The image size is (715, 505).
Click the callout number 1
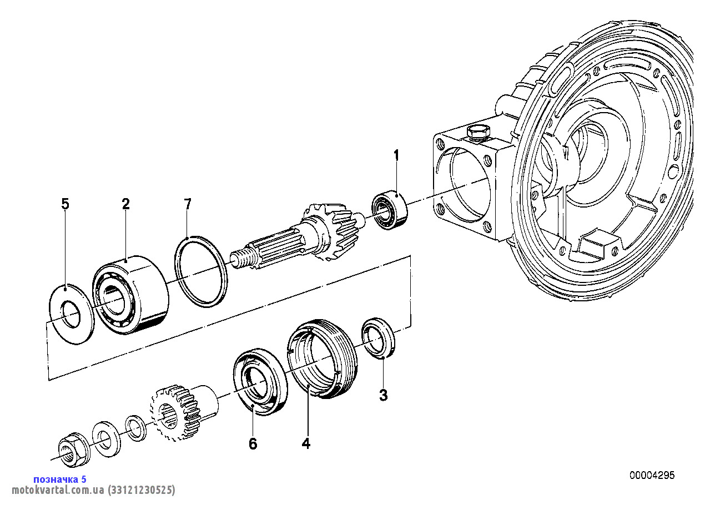point(396,156)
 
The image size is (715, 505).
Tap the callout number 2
point(126,204)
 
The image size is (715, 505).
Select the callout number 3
point(383,395)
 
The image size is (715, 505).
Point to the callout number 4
point(306,443)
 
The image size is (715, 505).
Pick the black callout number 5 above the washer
point(65,204)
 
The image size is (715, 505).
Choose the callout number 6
point(253,443)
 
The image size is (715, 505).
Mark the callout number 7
point(188,204)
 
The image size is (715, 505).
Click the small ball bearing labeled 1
point(390,209)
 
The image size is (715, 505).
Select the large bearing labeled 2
point(130,295)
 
